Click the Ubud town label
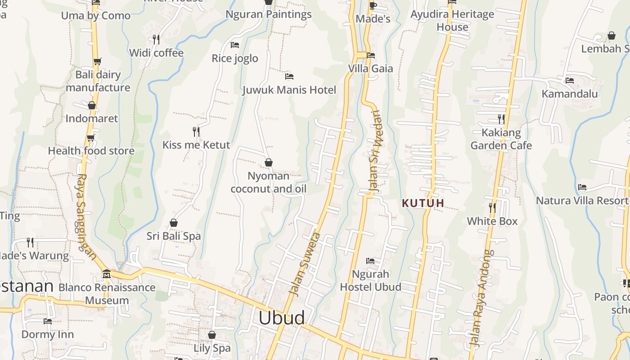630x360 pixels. (281, 318)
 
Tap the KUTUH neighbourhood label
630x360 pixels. (423, 203)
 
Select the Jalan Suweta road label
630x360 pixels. (305, 264)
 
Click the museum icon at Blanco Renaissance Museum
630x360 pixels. (107, 274)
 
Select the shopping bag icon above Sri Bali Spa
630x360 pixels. (174, 223)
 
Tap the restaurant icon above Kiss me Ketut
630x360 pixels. (196, 131)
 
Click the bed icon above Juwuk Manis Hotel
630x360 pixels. (289, 76)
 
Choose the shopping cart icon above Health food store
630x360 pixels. (91, 138)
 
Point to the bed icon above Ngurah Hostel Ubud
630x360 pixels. (370, 261)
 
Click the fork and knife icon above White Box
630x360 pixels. (492, 207)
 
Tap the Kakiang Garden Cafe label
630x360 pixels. (501, 139)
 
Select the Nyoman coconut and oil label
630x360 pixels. (269, 182)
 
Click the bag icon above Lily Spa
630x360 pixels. (212, 335)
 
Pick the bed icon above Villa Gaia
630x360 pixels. (371, 55)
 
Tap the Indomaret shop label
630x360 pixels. (92, 118)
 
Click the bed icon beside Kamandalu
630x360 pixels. (570, 81)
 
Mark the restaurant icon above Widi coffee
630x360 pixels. (156, 40)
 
